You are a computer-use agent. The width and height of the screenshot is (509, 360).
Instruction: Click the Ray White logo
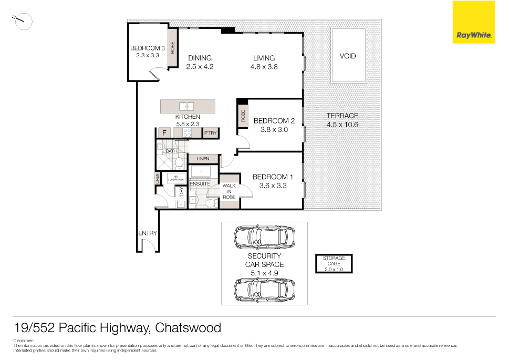coord(473,22)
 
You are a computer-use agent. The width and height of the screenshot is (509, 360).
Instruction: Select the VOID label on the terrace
coord(348,56)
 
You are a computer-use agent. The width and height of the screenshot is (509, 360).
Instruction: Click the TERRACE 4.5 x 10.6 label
coord(342,120)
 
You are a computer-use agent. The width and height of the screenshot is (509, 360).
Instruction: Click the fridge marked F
coord(164,133)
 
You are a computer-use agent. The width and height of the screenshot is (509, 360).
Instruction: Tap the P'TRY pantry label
coord(211,133)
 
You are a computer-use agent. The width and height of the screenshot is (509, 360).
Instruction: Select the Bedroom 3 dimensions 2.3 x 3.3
coord(148,55)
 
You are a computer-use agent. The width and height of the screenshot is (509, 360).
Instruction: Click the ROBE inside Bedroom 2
coord(243,116)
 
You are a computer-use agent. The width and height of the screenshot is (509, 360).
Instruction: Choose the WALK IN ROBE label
coord(229,191)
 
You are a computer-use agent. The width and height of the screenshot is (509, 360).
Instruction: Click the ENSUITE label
coord(200,184)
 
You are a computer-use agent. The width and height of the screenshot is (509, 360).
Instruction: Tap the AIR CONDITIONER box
coord(175,178)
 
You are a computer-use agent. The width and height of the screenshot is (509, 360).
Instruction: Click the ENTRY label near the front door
coord(148,233)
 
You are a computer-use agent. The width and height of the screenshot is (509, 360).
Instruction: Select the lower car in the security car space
coord(264,289)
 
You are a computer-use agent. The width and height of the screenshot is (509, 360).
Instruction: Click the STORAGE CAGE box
coord(334,264)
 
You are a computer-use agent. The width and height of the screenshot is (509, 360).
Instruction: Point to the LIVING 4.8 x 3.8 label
coord(264,63)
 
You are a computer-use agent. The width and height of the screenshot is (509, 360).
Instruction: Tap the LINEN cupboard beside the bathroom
coord(203,159)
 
